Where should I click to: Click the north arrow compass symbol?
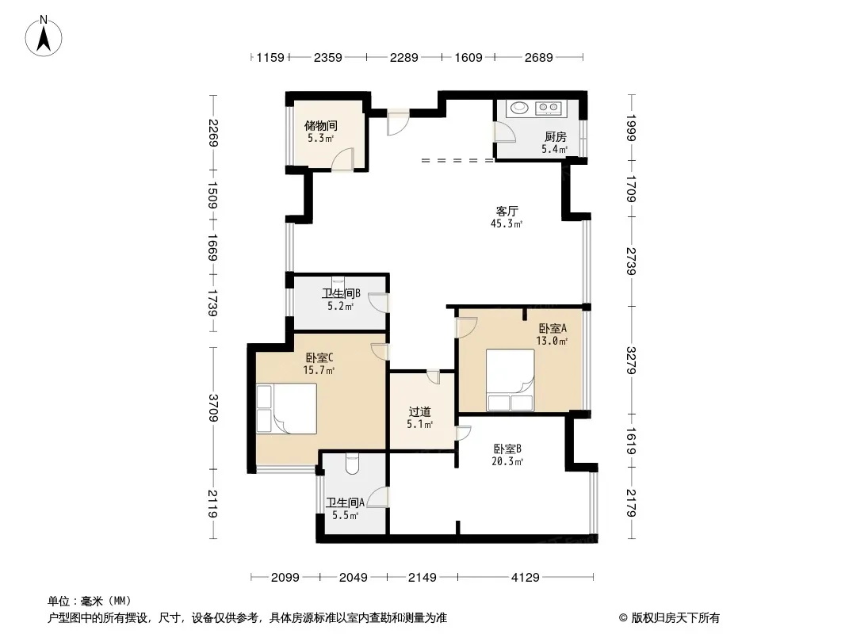(x=44, y=36)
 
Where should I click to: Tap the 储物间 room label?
(x=321, y=125)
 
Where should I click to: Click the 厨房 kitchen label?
(x=555, y=137)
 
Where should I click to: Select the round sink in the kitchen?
(x=519, y=108)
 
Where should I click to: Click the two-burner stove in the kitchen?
(x=549, y=109)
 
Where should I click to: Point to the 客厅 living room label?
(x=507, y=211)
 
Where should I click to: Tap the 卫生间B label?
(x=341, y=293)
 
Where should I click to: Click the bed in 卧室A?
(x=510, y=380)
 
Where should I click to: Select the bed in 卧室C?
(x=286, y=408)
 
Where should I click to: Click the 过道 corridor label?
(x=420, y=411)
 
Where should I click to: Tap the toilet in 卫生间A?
(x=353, y=464)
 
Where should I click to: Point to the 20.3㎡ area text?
(x=507, y=461)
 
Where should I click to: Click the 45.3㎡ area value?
(x=507, y=223)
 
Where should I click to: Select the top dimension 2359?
(x=327, y=57)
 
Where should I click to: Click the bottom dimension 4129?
(x=525, y=578)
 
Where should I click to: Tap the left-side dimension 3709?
(x=213, y=408)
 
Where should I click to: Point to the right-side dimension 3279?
(x=632, y=361)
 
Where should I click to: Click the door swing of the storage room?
(x=342, y=159)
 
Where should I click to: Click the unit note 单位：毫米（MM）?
(x=90, y=601)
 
